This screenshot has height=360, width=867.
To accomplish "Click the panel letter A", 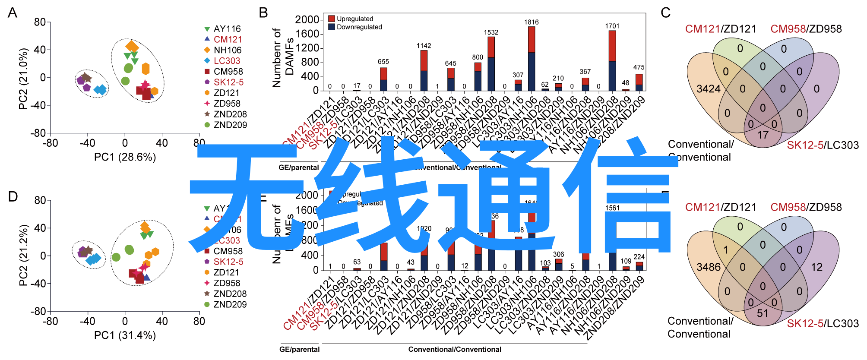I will point(13,13).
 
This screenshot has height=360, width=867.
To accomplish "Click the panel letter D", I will point(13,197).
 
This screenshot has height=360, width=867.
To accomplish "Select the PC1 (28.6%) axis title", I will point(125,157).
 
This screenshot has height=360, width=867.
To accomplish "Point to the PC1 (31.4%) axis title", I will point(125,335).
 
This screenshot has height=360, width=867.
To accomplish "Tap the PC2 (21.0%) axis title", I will point(24,78).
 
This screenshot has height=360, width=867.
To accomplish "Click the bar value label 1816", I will point(532,22).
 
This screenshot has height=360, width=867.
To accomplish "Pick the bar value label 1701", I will point(612,26).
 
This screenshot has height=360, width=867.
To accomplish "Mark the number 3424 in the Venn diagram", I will point(709,89).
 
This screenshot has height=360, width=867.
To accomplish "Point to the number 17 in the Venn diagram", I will point(763,135).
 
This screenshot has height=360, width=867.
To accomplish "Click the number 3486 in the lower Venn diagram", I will point(709,267).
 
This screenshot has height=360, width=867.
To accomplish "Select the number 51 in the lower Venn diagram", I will point(763,313).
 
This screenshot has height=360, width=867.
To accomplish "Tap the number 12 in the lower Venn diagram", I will point(816,267).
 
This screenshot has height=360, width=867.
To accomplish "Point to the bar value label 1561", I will point(612,208).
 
